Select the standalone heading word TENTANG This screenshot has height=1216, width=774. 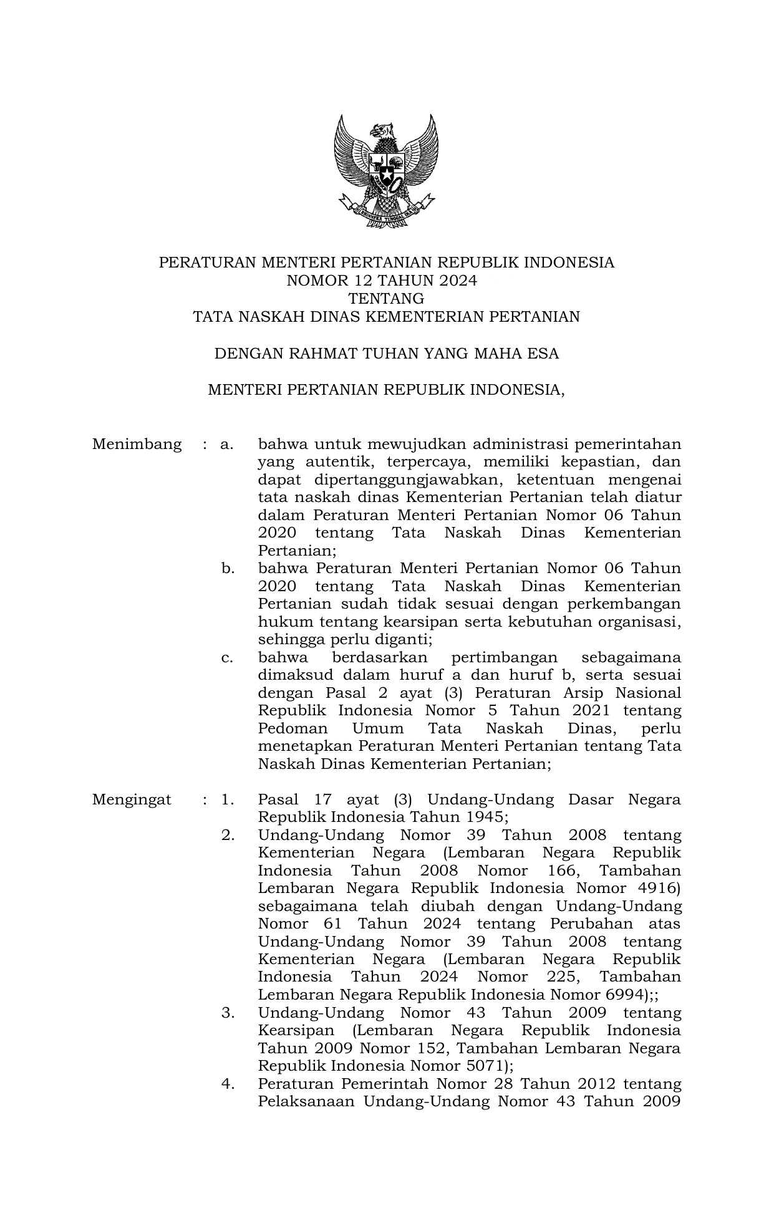coord(386,299)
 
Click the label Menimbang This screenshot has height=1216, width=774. coord(137,445)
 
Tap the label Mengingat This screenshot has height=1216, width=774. coord(132,800)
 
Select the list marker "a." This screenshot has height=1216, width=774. coord(226,445)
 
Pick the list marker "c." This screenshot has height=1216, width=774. coord(226,658)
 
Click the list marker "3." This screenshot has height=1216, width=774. coord(228,1013)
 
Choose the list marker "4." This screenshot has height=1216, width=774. coord(228,1084)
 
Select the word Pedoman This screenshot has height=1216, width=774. coord(293,729)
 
